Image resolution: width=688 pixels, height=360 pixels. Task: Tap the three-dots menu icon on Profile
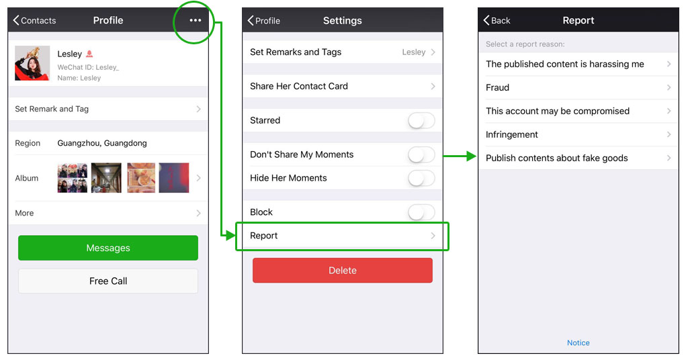(x=196, y=20)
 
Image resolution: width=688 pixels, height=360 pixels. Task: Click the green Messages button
(x=108, y=248)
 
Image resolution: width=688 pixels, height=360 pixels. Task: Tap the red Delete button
(x=342, y=270)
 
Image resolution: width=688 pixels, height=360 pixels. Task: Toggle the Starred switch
(x=421, y=120)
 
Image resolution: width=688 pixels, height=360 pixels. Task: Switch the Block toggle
(x=421, y=212)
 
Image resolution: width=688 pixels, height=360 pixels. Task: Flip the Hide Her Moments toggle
(x=421, y=178)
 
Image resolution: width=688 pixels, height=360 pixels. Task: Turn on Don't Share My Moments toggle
(x=421, y=154)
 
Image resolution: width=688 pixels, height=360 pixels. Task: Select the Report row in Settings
(x=342, y=236)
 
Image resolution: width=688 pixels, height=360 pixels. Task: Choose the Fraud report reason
(x=578, y=88)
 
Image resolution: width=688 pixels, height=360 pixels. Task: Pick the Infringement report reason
(x=578, y=134)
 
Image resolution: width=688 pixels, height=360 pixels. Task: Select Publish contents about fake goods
(x=578, y=159)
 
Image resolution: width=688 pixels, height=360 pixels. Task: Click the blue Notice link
(x=578, y=343)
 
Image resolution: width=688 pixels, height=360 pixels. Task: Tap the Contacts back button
(x=34, y=20)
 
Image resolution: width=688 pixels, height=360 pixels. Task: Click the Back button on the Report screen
(x=497, y=20)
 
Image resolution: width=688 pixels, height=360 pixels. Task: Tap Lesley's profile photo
(x=32, y=63)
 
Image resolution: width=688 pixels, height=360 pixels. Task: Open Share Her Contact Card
(x=342, y=87)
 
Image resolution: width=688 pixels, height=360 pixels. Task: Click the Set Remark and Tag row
(x=108, y=109)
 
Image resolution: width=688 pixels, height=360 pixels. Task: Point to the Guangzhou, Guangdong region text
(x=102, y=143)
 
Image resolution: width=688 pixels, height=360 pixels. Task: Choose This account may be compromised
(x=578, y=111)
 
